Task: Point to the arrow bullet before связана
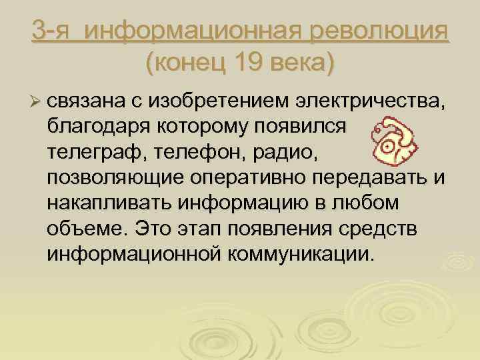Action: [x=36, y=101]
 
